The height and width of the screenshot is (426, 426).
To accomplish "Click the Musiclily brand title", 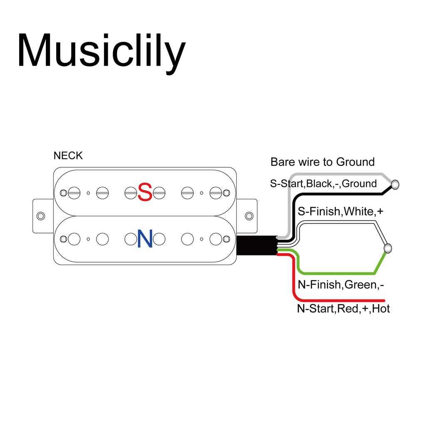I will (x=101, y=51).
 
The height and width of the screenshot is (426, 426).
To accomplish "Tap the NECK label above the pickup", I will (x=68, y=156).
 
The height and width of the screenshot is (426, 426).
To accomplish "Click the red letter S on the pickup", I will (x=145, y=192).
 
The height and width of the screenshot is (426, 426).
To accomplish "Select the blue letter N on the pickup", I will (x=145, y=240).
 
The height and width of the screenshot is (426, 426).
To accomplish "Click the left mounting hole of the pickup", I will (x=41, y=216).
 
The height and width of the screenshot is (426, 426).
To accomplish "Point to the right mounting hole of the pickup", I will (x=249, y=216).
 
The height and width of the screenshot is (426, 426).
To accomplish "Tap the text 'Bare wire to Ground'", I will (x=322, y=162).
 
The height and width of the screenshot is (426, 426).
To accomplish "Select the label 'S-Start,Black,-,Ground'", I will (x=323, y=183).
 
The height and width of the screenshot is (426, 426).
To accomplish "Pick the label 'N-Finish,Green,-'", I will (x=341, y=285).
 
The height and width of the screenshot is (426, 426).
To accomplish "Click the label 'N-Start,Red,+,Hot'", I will (x=344, y=309).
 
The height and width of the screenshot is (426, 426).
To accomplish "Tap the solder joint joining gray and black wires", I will (x=395, y=183).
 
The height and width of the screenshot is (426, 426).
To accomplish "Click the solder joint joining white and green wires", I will (x=388, y=248).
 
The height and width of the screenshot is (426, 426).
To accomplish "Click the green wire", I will (x=337, y=273).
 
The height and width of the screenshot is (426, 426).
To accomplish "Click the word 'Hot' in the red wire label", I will (x=381, y=309).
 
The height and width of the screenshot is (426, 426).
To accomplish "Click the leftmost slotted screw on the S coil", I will (x=74, y=193).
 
